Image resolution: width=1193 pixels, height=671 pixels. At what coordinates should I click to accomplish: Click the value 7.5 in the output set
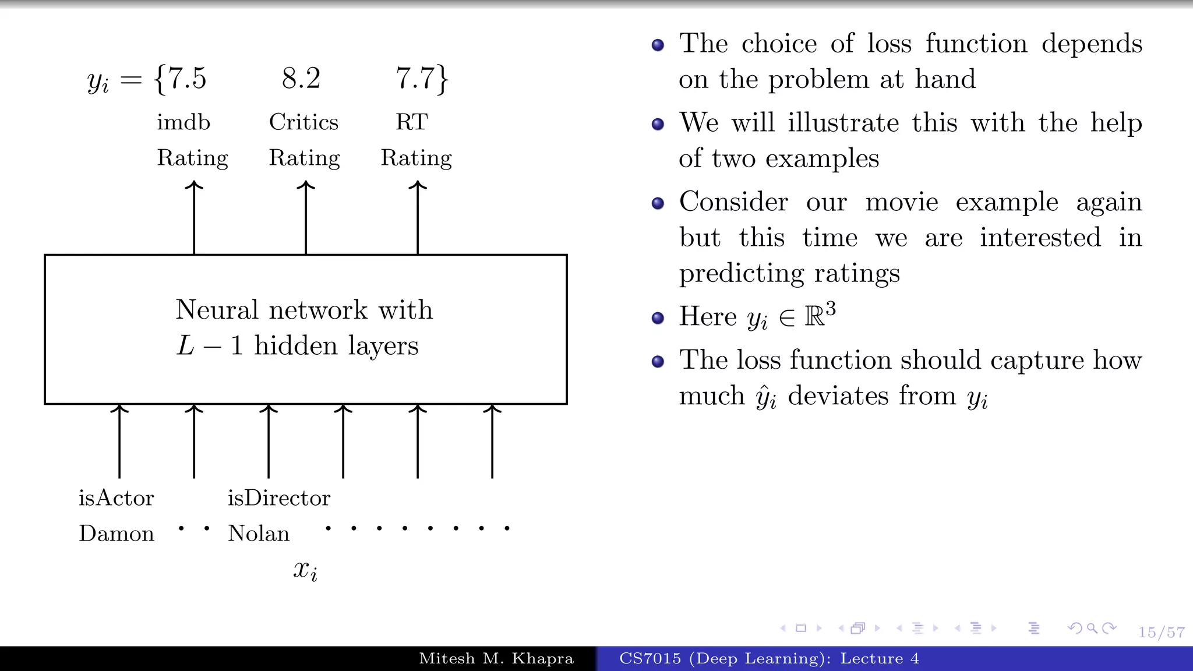coord(187,79)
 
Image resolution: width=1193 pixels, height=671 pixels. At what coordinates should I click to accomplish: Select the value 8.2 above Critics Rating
coord(301,79)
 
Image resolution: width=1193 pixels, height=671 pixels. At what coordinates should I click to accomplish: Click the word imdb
coord(183,122)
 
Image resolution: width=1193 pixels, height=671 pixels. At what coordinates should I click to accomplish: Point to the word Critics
coord(303,122)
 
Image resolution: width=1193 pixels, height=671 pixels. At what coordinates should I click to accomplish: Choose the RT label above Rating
coord(412,122)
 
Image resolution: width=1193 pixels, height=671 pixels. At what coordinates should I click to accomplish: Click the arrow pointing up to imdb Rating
coord(194,218)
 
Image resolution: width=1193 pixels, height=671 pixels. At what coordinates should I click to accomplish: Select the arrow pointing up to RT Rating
coord(418,218)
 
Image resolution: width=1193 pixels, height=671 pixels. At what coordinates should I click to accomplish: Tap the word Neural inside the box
coord(217,310)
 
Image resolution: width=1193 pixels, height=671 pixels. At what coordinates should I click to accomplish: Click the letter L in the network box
coord(185,346)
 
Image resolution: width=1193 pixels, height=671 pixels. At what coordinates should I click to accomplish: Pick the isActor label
coord(117,498)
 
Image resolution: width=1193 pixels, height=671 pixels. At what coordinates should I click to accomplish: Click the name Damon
coord(117,534)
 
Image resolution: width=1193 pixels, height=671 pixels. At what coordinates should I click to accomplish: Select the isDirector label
coord(279,498)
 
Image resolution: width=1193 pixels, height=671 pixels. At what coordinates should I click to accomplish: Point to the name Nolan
coord(259,534)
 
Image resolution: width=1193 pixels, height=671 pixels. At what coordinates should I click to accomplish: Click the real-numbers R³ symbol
coord(820,316)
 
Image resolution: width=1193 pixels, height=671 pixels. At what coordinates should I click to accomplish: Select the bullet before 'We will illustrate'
coord(658,124)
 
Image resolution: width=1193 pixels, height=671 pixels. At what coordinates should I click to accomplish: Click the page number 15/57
coord(1162,633)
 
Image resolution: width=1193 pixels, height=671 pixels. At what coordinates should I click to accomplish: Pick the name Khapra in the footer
coord(542,659)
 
